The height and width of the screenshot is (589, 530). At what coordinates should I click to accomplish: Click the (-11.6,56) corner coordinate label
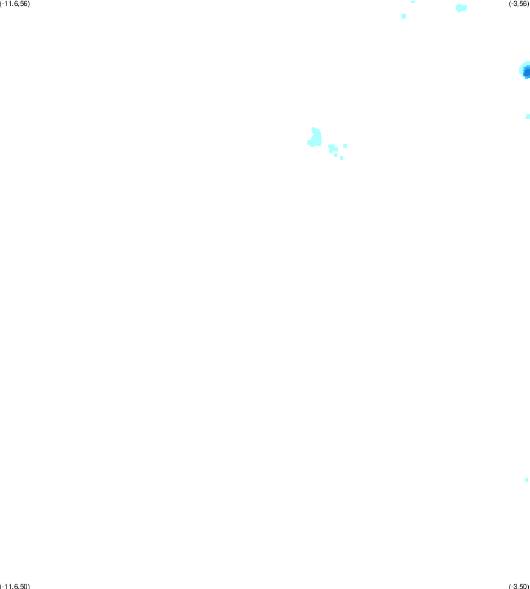[15, 4]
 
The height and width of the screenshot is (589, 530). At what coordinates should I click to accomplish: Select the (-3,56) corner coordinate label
[519, 4]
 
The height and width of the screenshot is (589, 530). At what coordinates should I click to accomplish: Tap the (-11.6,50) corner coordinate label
[15, 586]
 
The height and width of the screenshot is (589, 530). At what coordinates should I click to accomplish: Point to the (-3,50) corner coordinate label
[519, 586]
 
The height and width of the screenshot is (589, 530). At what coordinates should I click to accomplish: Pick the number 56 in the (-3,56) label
[524, 4]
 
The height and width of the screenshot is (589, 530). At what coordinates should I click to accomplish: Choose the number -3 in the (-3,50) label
[514, 586]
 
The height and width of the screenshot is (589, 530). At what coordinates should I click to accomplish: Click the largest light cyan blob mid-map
[315, 137]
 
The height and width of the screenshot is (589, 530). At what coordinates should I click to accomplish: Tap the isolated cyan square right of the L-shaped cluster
[345, 146]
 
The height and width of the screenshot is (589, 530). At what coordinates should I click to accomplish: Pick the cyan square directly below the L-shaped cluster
[336, 154]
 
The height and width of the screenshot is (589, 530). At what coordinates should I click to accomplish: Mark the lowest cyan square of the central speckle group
[342, 158]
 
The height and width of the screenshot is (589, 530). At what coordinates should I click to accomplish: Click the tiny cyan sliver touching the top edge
[413, 2]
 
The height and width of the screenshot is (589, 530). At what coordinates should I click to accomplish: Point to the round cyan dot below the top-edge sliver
[403, 16]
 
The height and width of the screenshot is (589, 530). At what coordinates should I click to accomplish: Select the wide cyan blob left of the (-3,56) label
[461, 8]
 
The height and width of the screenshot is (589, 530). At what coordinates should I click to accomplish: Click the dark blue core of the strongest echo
[527, 71]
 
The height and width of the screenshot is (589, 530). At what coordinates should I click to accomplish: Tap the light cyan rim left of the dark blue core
[521, 70]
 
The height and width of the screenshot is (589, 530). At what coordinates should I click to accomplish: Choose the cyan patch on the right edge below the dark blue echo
[528, 117]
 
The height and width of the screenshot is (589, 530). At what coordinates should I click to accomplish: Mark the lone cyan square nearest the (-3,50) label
[526, 480]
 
